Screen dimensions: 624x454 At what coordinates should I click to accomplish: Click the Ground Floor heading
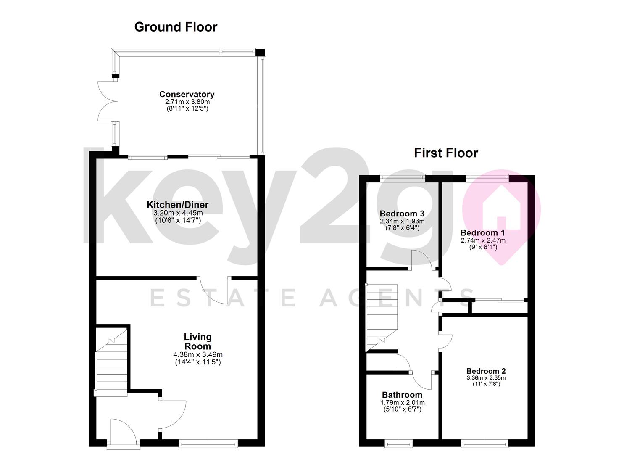[176, 27]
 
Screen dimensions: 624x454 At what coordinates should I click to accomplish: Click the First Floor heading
[446, 153]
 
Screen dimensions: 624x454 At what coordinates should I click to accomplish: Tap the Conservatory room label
[187, 94]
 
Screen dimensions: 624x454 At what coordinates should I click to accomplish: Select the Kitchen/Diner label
[178, 205]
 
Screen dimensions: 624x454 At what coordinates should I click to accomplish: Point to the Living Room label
[198, 341]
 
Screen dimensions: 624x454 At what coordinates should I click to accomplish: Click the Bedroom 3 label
[402, 214]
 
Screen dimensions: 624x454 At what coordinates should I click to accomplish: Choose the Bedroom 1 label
[482, 232]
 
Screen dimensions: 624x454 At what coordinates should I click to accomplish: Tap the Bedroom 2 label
[486, 371]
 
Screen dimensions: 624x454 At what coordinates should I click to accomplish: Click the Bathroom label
[402, 395]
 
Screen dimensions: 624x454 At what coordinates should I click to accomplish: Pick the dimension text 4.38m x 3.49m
[198, 355]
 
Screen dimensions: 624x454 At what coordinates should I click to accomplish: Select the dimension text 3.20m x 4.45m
[178, 213]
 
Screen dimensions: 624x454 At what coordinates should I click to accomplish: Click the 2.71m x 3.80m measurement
[187, 102]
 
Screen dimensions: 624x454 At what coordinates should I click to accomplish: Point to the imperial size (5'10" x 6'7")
[402, 409]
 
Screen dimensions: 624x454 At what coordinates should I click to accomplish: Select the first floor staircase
[382, 317]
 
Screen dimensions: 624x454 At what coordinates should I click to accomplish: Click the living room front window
[208, 443]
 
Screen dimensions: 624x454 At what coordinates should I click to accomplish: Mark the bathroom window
[398, 443]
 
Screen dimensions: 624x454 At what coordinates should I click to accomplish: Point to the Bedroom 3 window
[403, 178]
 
